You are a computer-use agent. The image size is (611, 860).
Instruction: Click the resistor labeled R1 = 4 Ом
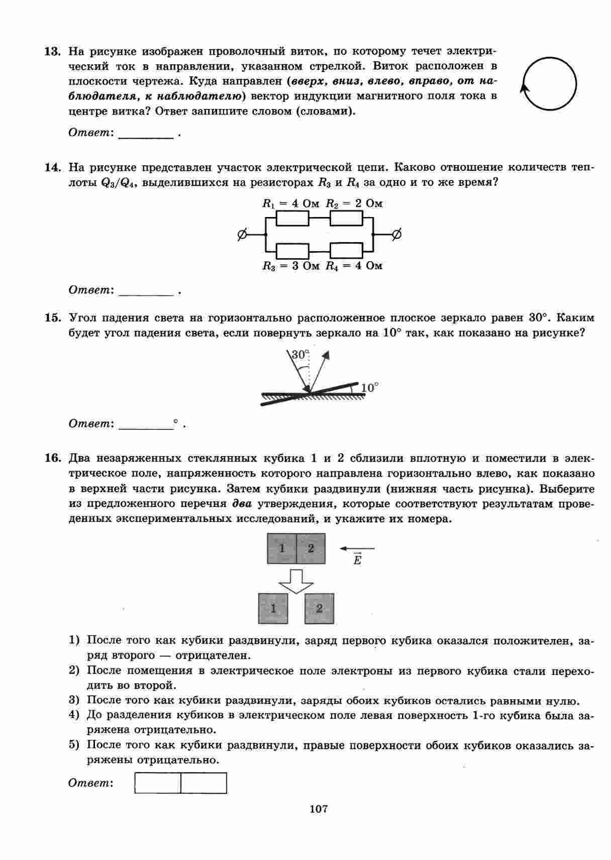click(x=292, y=219)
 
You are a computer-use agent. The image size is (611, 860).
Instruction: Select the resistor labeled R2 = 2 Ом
click(x=346, y=219)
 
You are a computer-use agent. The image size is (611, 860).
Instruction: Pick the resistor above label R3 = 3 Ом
click(x=292, y=250)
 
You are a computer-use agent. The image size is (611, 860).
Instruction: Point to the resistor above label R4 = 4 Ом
click(x=346, y=250)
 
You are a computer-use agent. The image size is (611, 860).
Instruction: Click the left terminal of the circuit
click(x=242, y=234)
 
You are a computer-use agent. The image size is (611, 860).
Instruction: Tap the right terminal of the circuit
click(x=396, y=234)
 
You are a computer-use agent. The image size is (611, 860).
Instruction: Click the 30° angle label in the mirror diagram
click(x=299, y=355)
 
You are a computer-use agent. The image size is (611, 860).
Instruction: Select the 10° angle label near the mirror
click(x=369, y=387)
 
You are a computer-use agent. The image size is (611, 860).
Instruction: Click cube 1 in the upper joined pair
click(x=282, y=548)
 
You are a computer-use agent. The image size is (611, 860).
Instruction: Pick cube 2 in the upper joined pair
click(x=311, y=548)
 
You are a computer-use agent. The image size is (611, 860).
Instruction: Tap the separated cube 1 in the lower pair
click(x=273, y=608)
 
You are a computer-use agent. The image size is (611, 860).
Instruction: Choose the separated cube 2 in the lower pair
click(x=319, y=608)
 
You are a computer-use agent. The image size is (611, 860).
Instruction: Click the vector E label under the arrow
click(x=357, y=560)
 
